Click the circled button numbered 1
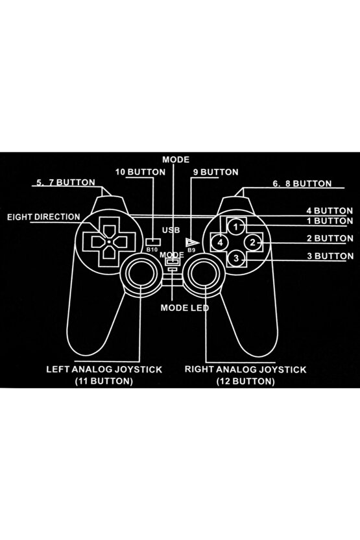(x=237, y=227)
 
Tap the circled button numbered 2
(x=254, y=242)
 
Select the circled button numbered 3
(x=237, y=258)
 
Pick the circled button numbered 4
(x=221, y=242)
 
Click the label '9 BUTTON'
(x=215, y=172)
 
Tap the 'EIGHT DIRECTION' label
(x=44, y=217)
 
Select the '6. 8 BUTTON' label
(x=302, y=184)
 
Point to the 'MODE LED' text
(x=184, y=308)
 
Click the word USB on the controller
(x=171, y=230)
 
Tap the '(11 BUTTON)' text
(x=104, y=382)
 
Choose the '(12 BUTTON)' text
(x=245, y=382)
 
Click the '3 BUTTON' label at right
(x=330, y=256)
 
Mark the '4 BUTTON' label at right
(x=330, y=210)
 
